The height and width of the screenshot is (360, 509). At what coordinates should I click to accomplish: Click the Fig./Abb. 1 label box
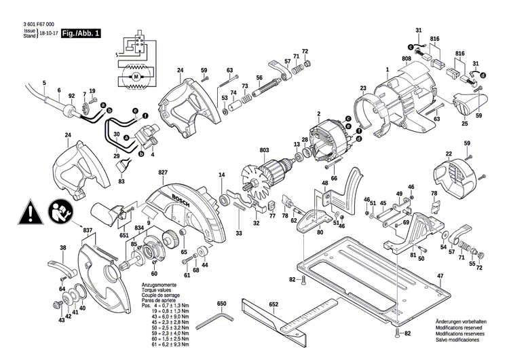80,33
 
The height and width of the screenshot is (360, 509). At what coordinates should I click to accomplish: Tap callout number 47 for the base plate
440,275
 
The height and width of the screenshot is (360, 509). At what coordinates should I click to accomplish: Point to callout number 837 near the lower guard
87,231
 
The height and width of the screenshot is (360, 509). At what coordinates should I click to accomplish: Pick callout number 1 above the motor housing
387,69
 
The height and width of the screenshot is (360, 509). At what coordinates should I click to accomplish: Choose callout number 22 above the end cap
449,156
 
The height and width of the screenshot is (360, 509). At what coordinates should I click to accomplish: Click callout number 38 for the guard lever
63,248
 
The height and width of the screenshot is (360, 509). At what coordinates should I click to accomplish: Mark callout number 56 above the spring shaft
259,77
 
